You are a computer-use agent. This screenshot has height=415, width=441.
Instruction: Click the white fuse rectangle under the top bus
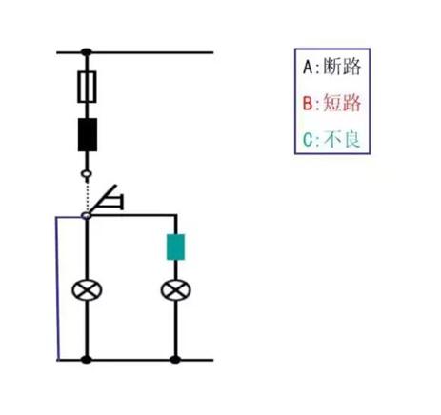tap(87, 87)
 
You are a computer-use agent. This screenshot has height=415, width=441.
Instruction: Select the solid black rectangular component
tap(88, 134)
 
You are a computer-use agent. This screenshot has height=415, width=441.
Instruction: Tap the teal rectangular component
tap(175, 247)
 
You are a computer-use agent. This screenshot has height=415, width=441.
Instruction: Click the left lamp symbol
tap(87, 290)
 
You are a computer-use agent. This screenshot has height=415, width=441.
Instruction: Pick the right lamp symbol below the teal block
tap(176, 290)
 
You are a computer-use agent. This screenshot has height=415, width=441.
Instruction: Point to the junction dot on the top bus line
tap(87, 52)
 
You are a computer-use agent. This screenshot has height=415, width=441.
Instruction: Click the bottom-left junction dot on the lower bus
tap(87, 360)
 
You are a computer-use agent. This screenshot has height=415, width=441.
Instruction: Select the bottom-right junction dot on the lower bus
tap(175, 360)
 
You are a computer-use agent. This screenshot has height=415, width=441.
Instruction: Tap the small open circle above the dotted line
tap(87, 174)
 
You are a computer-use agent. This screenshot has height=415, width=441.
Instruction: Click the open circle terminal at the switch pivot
tap(86, 216)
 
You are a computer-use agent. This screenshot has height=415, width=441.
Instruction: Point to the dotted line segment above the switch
tap(87, 195)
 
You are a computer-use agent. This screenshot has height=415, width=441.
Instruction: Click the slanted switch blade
tap(103, 199)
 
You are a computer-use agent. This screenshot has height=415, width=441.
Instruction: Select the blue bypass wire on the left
tap(57, 288)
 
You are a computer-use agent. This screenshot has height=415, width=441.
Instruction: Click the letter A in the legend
tap(308, 67)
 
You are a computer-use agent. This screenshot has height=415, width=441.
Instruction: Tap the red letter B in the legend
tap(308, 104)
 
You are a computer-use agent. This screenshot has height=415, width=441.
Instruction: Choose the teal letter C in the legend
tap(308, 140)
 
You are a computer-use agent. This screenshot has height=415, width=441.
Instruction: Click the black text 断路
tap(342, 67)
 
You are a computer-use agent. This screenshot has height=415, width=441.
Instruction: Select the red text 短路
tap(342, 103)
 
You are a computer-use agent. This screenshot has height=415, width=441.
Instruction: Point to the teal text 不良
tap(342, 140)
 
